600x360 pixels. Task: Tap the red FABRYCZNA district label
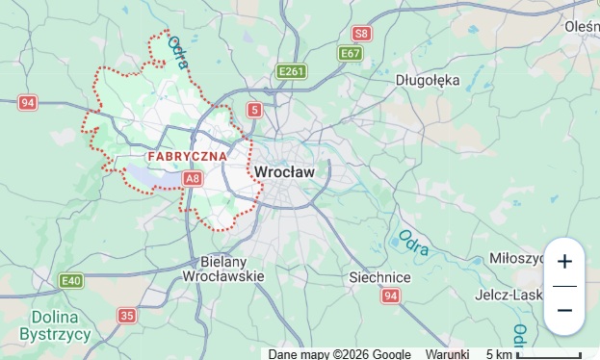click(x=188, y=155)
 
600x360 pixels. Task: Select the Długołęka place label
click(x=428, y=80)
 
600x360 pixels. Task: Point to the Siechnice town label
click(x=379, y=277)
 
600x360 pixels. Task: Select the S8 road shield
click(x=361, y=34)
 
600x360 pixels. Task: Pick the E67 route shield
click(x=351, y=54)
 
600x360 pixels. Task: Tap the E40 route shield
click(x=70, y=280)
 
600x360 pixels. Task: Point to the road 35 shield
click(x=127, y=315)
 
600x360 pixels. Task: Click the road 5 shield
click(x=254, y=110)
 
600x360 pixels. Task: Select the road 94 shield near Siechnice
click(x=389, y=296)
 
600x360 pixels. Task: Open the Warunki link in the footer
click(x=447, y=354)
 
